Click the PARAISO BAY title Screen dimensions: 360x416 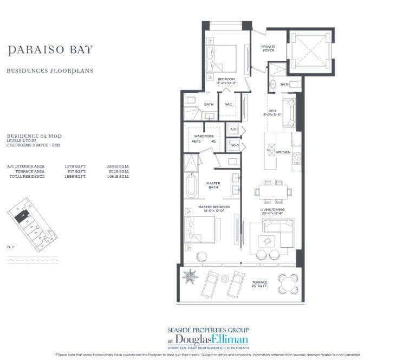tap(50, 50)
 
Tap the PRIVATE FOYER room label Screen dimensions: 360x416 tap(269, 49)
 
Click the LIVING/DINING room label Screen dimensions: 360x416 tap(271, 209)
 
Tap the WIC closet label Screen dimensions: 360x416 tap(229, 105)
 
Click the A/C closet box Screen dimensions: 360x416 tap(233, 130)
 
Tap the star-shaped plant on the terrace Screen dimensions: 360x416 tap(191, 276)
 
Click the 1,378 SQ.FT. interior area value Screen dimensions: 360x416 tap(78, 166)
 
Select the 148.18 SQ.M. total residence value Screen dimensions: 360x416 tap(119, 176)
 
